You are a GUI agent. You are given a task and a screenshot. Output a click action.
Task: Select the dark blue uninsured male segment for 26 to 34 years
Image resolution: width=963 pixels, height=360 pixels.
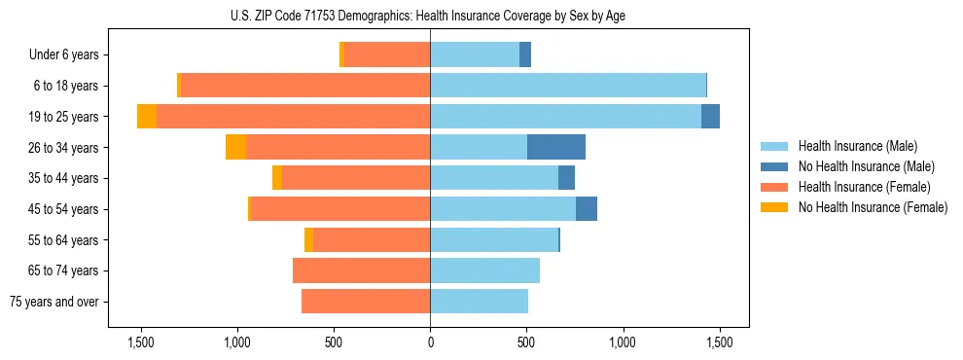click(556, 147)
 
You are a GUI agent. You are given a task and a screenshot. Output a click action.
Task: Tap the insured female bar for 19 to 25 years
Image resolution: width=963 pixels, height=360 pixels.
click(293, 117)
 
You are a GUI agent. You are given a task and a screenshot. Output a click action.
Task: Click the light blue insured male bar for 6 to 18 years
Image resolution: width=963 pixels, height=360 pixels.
click(568, 86)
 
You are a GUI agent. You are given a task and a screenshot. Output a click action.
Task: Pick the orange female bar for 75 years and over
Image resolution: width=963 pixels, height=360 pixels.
click(366, 302)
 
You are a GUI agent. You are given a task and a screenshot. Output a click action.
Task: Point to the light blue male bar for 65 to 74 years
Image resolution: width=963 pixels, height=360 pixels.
click(484, 270)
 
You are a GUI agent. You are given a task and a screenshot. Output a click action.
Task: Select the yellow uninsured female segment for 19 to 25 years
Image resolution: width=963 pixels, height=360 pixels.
click(147, 117)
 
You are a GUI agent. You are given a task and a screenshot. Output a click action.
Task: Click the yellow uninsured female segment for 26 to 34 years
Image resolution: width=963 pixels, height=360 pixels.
click(235, 147)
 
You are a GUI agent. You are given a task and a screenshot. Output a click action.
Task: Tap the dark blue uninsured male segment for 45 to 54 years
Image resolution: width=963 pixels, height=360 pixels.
click(587, 209)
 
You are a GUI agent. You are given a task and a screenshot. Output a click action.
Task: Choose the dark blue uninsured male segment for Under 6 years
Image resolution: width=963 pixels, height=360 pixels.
click(525, 54)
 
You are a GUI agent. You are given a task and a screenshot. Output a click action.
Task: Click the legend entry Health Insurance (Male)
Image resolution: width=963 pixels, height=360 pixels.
click(857, 146)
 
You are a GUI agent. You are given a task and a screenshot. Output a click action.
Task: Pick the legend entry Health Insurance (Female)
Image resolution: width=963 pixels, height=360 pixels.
click(863, 187)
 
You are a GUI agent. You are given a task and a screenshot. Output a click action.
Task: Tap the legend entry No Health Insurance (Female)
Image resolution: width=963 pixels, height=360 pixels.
click(872, 207)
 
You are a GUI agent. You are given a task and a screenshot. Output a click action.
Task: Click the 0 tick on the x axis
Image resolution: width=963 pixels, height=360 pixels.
click(430, 343)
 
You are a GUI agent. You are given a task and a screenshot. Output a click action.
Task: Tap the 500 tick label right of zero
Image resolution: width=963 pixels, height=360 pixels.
click(526, 343)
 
